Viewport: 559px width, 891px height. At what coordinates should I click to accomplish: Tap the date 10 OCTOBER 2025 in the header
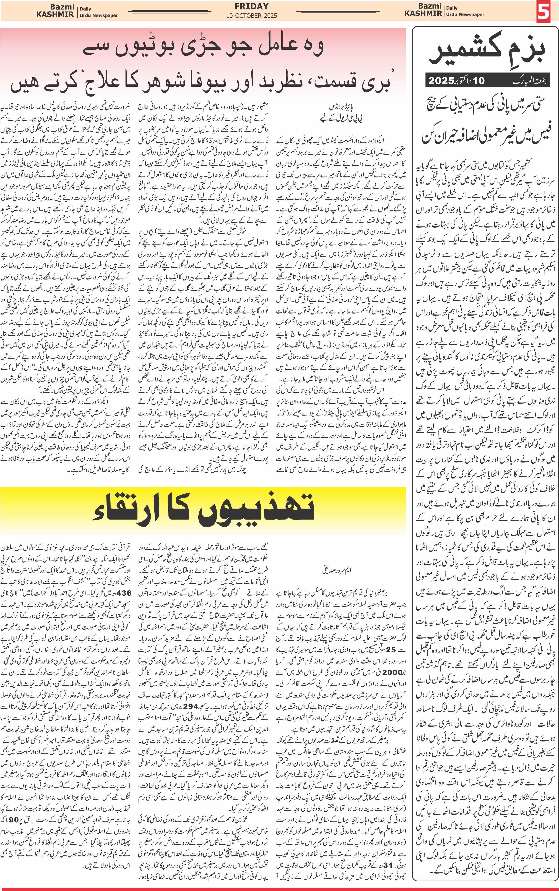pyautogui.click(x=251, y=16)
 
